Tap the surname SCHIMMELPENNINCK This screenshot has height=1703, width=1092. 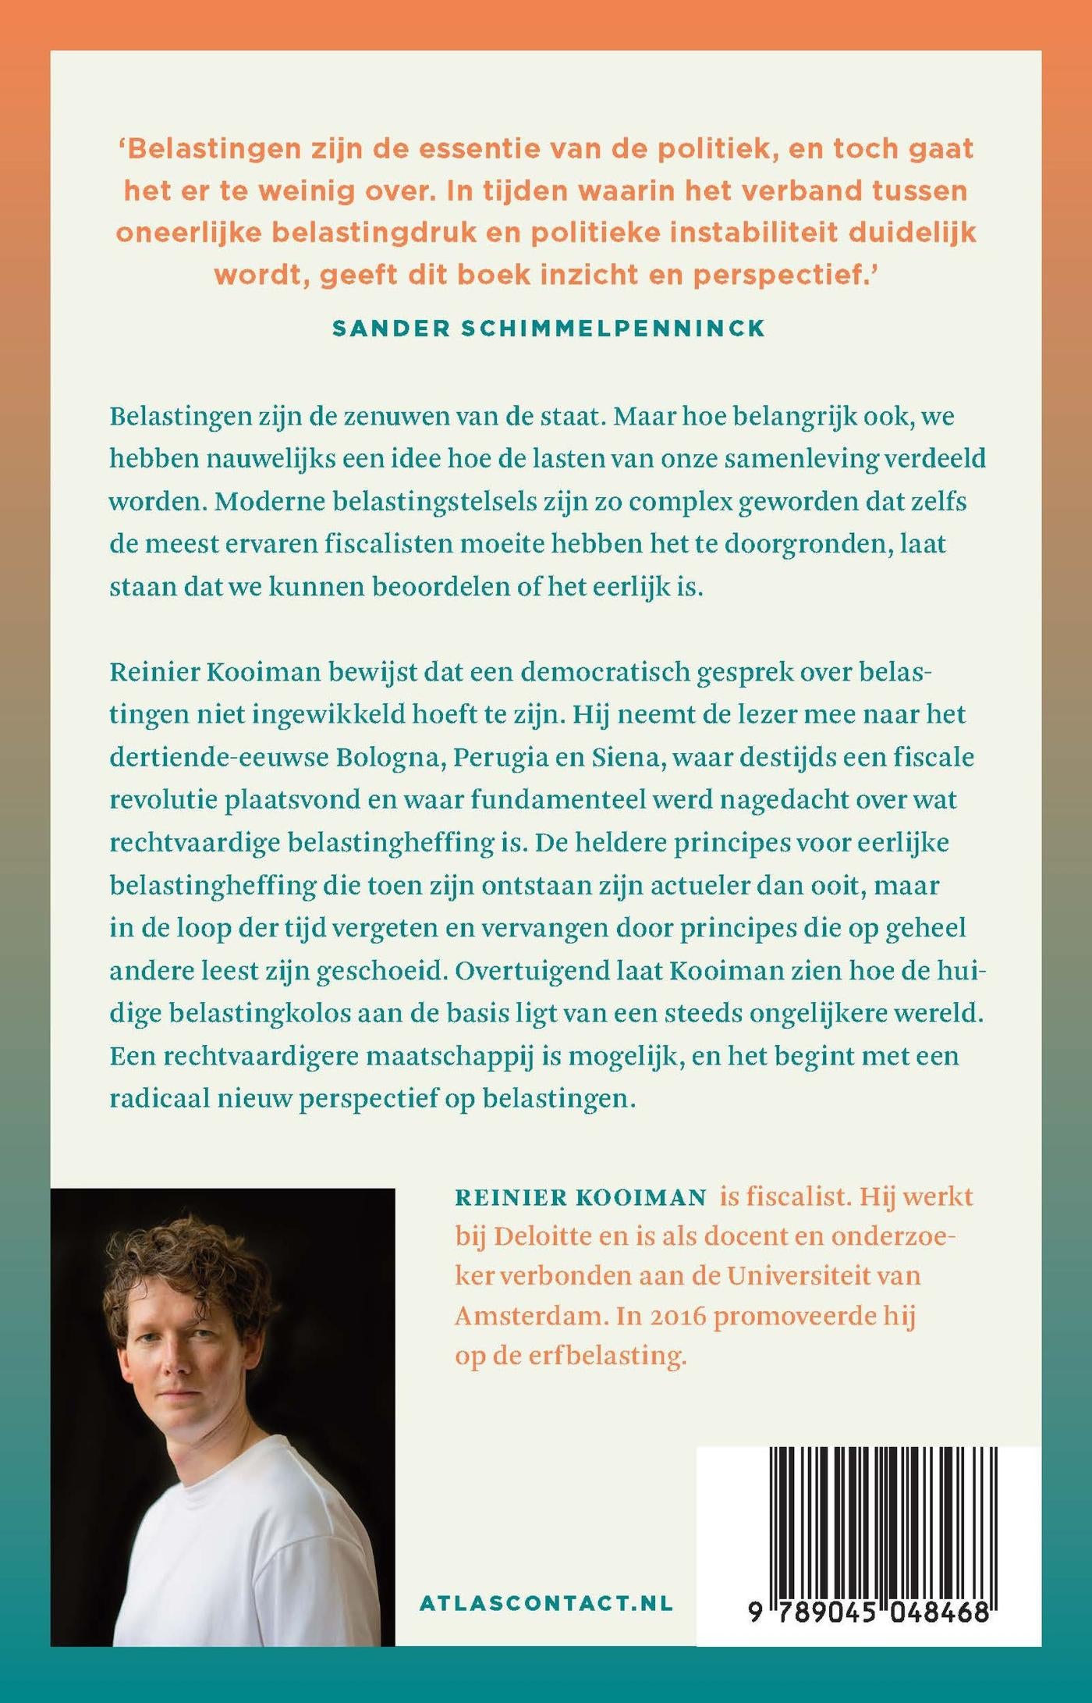[613, 329]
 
